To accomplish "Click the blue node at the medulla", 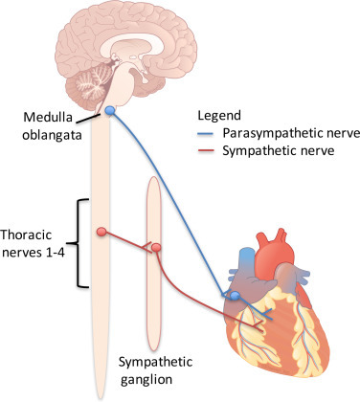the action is [x=109, y=111].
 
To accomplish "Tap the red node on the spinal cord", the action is [x=101, y=232].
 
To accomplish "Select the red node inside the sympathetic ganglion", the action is [x=156, y=247].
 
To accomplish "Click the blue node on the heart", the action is [x=235, y=296].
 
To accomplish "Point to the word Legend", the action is [x=219, y=115].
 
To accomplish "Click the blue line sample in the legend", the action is [x=206, y=134].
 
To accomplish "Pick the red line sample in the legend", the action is [x=206, y=150].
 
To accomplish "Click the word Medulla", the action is [x=48, y=117].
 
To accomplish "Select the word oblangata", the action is [x=52, y=135].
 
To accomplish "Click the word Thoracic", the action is [x=26, y=235].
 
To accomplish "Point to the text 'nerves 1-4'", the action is [x=33, y=253].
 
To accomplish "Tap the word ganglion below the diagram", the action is [x=146, y=380].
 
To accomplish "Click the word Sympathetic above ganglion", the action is [x=155, y=363].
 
